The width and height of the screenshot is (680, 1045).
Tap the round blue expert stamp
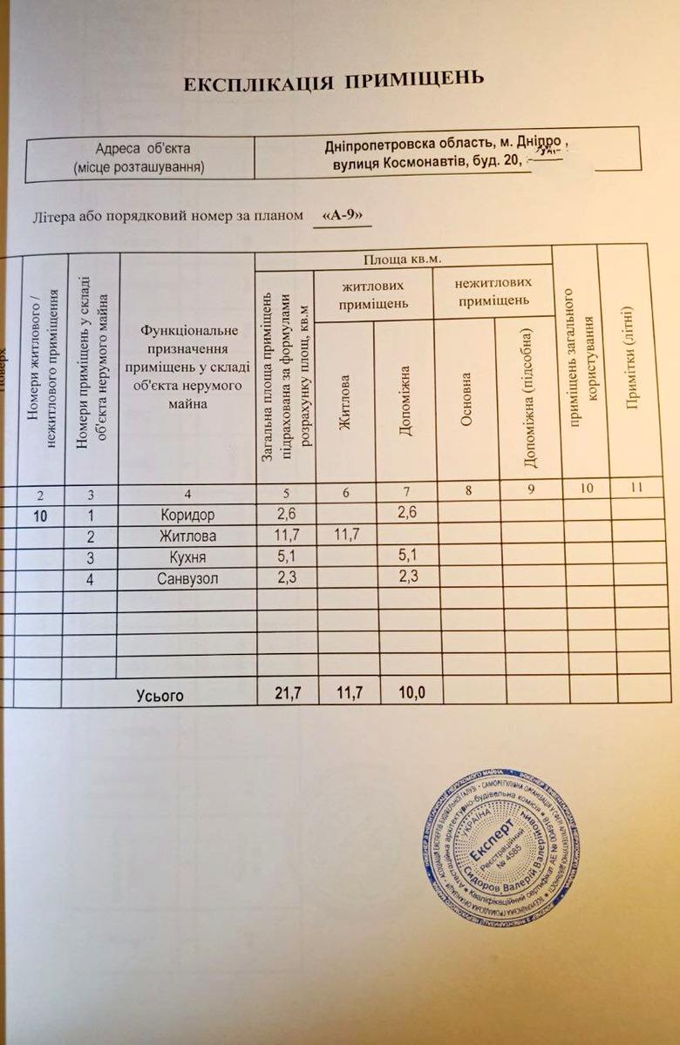[501, 847]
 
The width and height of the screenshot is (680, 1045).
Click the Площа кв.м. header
[403, 259]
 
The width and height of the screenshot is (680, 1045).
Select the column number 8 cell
[468, 490]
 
